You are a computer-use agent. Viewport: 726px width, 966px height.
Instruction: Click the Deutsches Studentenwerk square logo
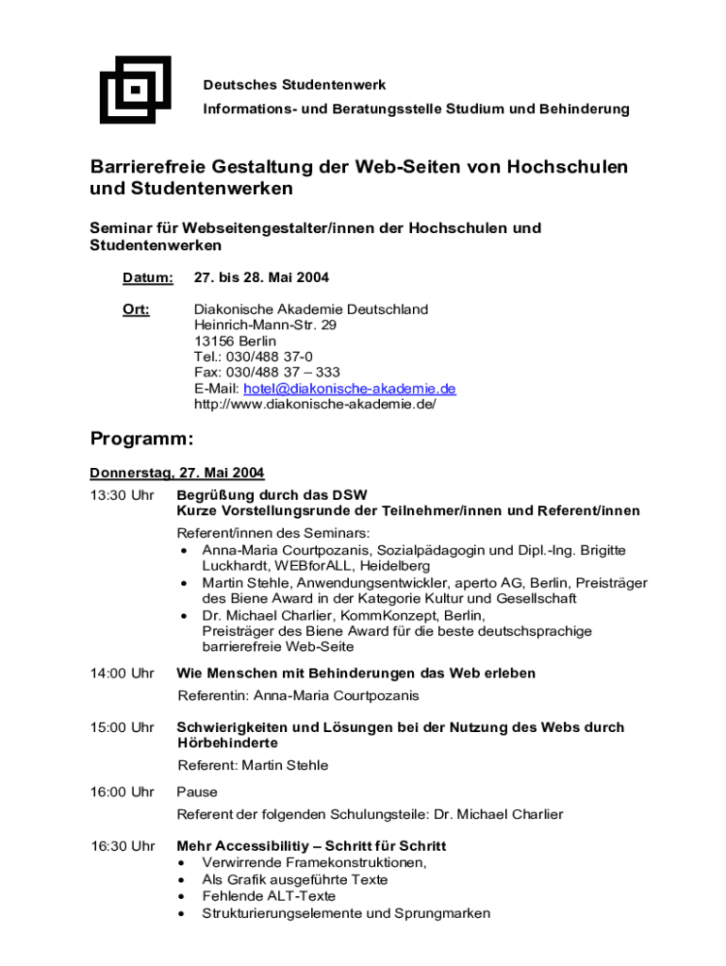(x=135, y=91)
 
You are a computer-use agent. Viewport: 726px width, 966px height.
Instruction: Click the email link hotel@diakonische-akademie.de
(x=349, y=389)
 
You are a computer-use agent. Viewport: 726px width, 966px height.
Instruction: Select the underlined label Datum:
(x=148, y=278)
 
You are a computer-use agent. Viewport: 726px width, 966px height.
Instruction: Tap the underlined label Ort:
(x=136, y=309)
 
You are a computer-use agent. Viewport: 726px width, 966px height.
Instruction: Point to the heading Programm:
(x=141, y=439)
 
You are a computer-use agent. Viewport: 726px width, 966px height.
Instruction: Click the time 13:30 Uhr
(x=122, y=495)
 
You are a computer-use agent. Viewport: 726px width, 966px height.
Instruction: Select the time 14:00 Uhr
(x=122, y=674)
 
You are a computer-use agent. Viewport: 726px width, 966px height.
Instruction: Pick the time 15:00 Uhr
(x=122, y=727)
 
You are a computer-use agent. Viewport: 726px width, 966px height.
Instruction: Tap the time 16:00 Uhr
(x=122, y=792)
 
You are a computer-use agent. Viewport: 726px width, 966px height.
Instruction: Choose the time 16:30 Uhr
(x=122, y=846)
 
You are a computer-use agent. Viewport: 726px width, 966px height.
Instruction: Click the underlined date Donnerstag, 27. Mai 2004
(x=176, y=473)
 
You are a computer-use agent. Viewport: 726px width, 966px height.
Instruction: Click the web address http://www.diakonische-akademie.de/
(x=315, y=404)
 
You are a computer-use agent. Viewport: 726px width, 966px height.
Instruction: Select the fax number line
(x=267, y=373)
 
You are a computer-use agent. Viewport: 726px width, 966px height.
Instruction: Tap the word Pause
(x=197, y=792)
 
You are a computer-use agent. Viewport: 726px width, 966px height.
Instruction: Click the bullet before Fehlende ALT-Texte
(x=182, y=897)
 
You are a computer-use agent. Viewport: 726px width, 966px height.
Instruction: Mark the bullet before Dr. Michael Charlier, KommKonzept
(x=182, y=616)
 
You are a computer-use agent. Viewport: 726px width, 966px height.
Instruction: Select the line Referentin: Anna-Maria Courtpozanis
(x=298, y=696)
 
